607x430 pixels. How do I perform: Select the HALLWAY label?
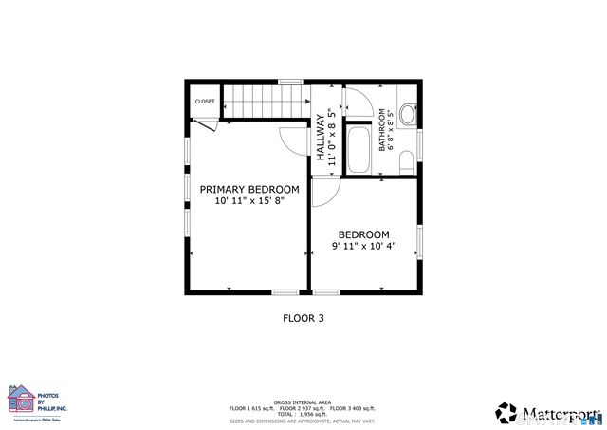click(x=321, y=140)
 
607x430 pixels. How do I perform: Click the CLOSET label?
click(x=205, y=102)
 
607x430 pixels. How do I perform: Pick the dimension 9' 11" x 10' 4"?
click(x=363, y=246)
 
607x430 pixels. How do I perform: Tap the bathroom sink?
click(x=407, y=116)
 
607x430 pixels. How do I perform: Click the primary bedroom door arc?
click(x=294, y=140)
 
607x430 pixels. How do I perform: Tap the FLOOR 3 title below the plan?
click(x=303, y=319)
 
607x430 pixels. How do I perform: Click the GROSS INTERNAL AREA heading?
click(x=302, y=401)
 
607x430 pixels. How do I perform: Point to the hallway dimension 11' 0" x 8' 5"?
click(x=333, y=140)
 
